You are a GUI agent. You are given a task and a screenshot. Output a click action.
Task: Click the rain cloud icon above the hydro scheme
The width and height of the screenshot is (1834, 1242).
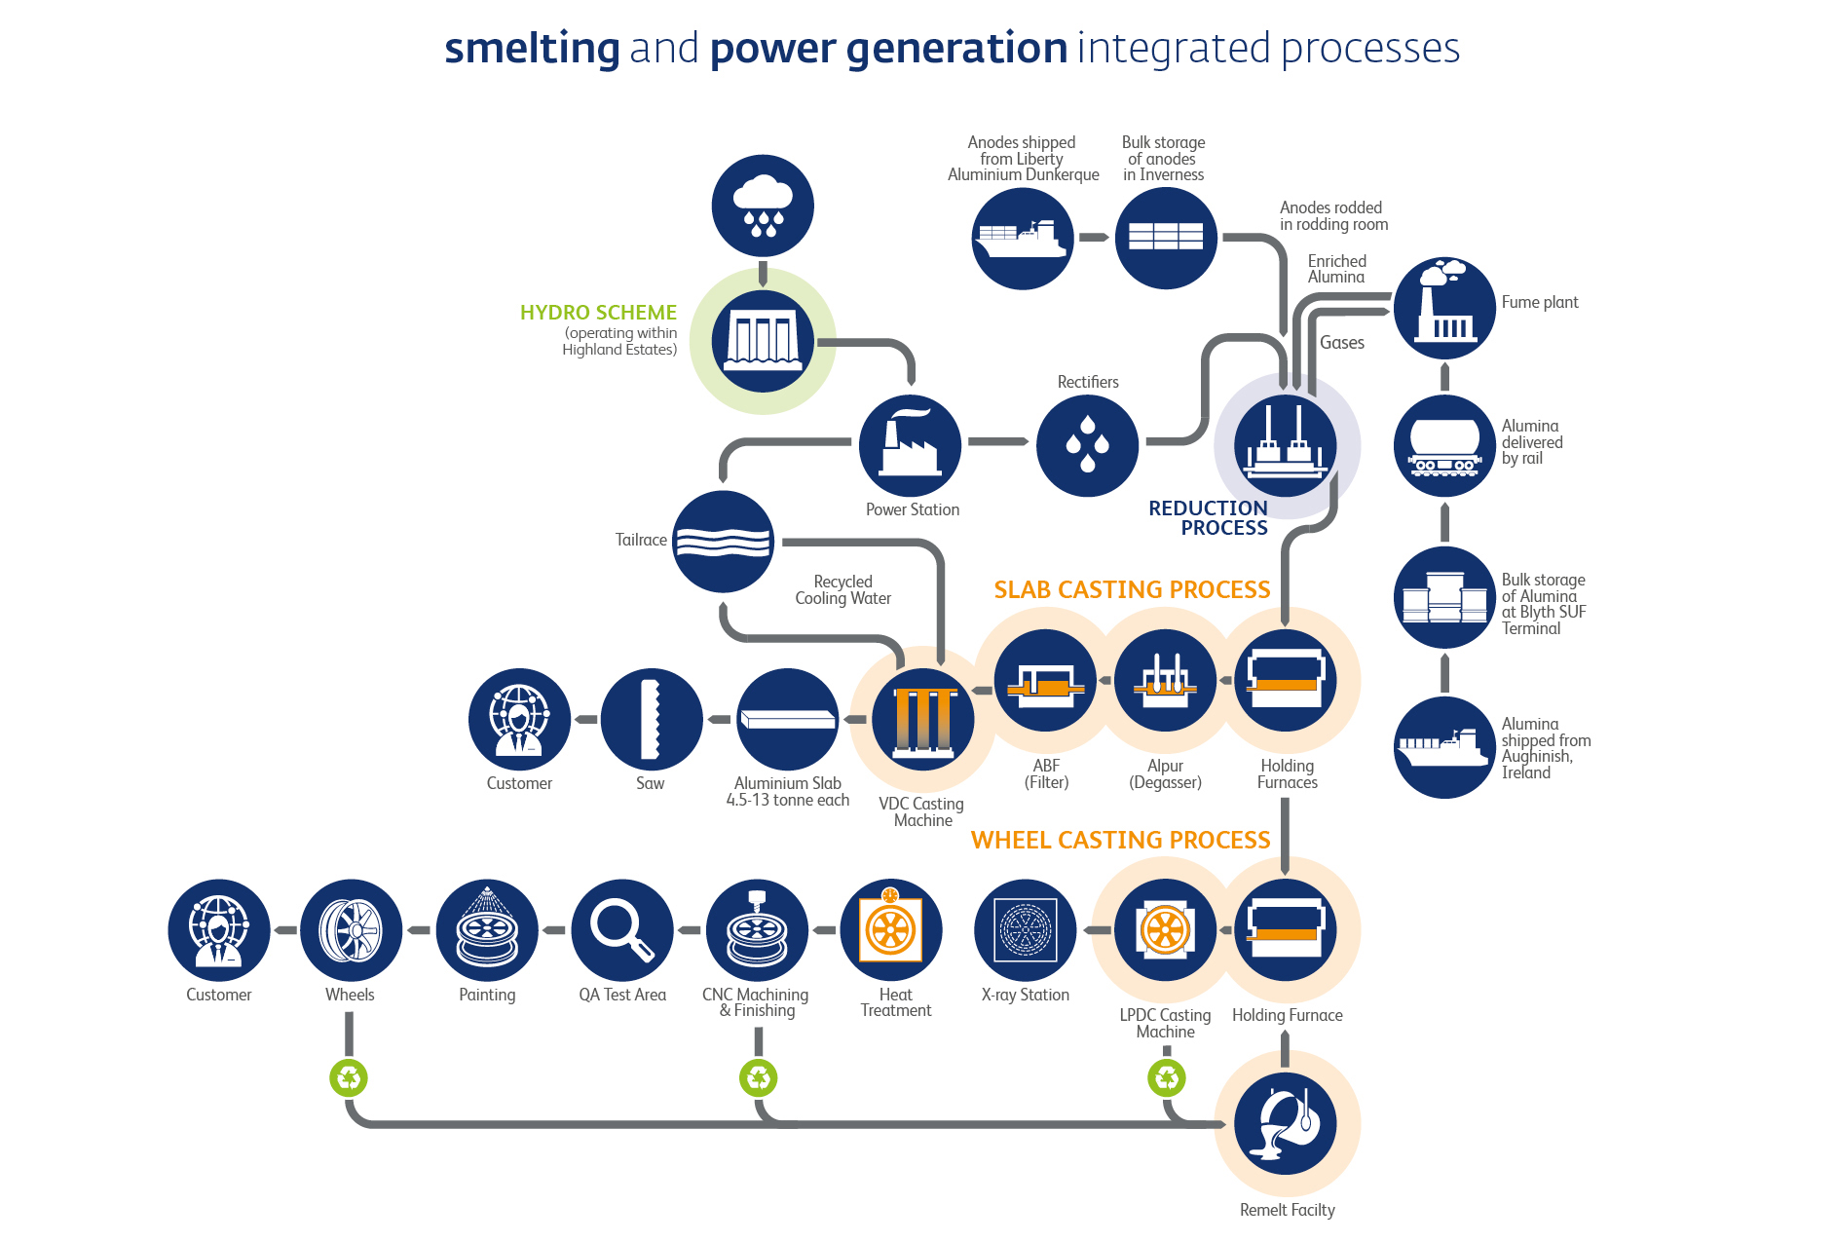763,206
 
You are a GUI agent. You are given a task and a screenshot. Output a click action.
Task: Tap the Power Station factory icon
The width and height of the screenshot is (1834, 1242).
910,446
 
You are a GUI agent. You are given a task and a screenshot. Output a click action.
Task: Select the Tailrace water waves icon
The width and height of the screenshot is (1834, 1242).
723,542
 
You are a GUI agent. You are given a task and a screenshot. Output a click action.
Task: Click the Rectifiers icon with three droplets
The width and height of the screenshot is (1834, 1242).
1087,446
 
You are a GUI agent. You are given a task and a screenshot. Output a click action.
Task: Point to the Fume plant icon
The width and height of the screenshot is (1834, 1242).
1444,308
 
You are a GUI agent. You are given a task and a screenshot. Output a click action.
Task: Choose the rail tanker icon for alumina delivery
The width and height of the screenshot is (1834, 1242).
1444,446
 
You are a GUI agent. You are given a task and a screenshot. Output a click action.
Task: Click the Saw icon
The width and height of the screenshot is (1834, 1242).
651,719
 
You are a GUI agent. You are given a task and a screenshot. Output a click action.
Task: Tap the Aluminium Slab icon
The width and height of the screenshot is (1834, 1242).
787,719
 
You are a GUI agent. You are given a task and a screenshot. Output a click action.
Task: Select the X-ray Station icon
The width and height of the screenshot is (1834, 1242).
1025,930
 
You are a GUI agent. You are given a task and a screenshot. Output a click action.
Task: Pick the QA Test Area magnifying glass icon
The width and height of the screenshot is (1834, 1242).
622,930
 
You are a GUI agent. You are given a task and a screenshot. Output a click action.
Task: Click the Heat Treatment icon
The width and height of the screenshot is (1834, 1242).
890,930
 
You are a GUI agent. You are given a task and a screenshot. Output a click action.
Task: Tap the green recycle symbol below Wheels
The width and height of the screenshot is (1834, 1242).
349,1078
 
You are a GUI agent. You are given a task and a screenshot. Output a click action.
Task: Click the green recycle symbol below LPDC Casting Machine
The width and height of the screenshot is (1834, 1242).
1166,1078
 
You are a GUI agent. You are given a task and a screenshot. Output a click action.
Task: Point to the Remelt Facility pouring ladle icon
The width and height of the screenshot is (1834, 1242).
1286,1124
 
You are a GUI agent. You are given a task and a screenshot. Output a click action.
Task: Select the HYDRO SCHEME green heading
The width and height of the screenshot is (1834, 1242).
598,313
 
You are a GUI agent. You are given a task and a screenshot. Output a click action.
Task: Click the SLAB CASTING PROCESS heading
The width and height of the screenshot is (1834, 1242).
1132,590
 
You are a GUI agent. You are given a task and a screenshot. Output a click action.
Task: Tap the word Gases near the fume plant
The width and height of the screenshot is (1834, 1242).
1342,343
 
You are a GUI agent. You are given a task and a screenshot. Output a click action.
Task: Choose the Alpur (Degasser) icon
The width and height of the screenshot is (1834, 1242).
1165,680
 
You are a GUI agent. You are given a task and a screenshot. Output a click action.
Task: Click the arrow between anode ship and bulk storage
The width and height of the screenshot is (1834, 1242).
1094,238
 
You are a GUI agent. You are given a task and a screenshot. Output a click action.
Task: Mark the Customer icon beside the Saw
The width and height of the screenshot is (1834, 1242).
519,719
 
